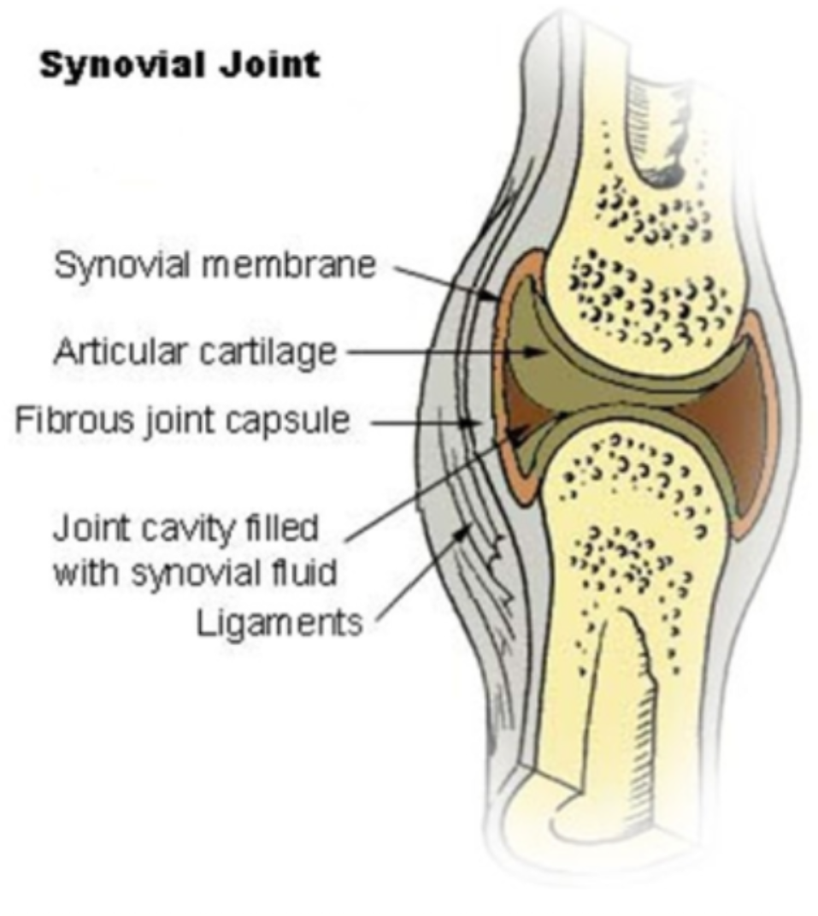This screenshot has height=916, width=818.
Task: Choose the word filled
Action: [x=279, y=528]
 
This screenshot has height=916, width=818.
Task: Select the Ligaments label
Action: [x=279, y=623]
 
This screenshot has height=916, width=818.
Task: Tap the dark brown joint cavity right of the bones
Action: [x=727, y=428]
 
